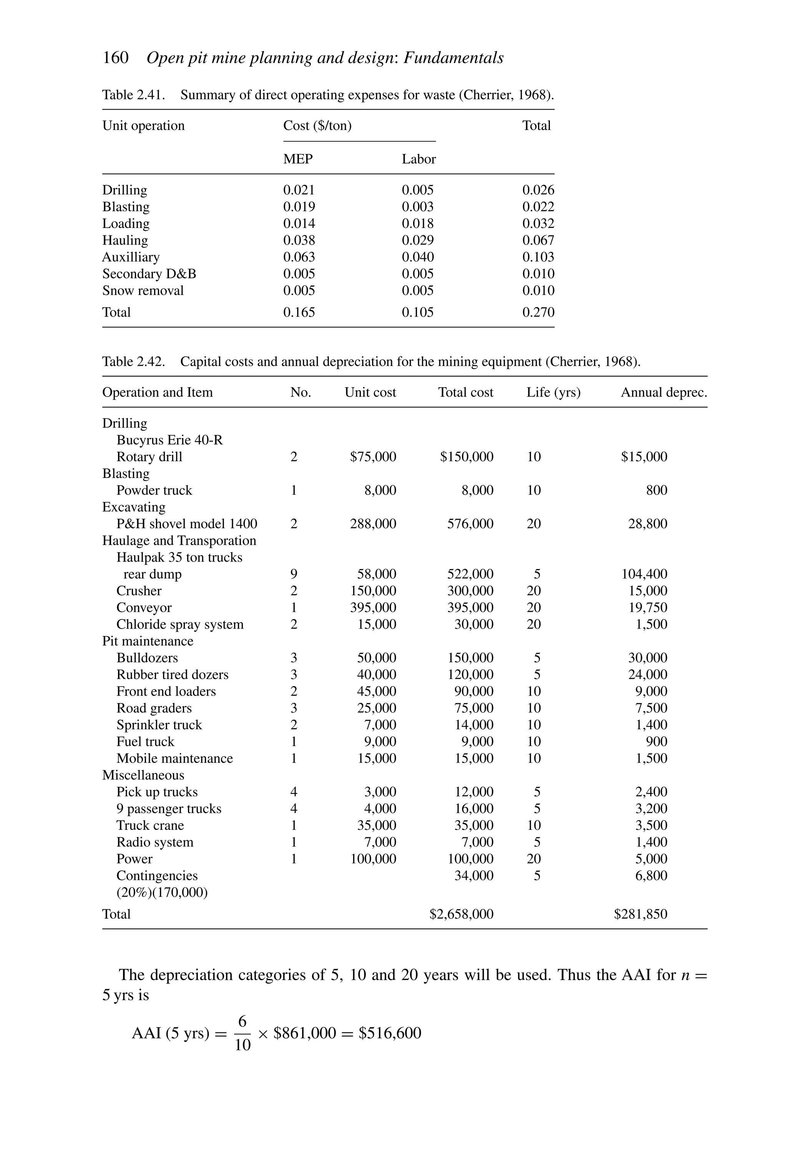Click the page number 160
point(115,58)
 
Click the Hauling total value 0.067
point(538,241)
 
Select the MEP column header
point(297,159)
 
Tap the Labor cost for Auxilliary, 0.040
point(417,257)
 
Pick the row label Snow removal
point(143,291)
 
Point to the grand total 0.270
point(538,313)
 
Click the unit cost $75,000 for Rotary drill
point(373,457)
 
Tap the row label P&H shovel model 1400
point(187,524)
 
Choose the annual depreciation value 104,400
point(644,574)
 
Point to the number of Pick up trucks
point(294,792)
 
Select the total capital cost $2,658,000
point(461,914)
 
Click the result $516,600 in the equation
point(390,1033)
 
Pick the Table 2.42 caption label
point(133,362)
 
